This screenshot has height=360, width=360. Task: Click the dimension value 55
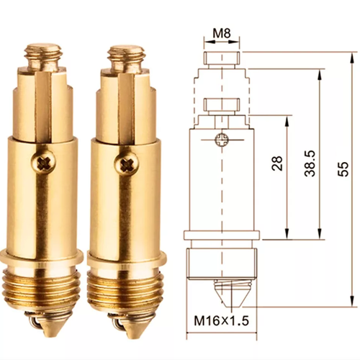click(x=343, y=168)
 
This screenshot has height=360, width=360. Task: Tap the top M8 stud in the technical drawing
click(x=222, y=58)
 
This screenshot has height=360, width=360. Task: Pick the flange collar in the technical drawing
click(x=222, y=237)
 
